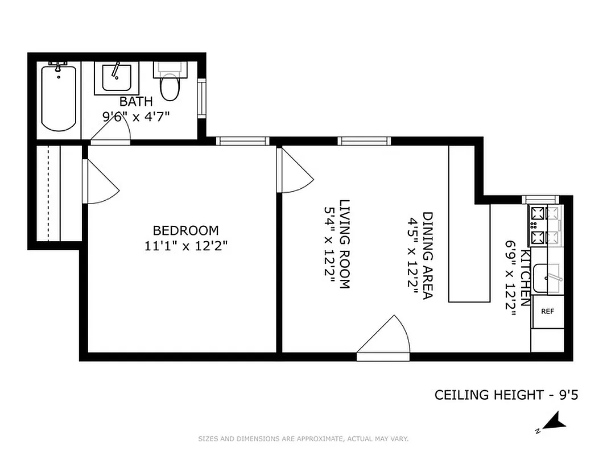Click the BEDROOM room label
(185, 230)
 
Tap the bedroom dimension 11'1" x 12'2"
(185, 246)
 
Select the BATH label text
(135, 102)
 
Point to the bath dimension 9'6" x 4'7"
(135, 117)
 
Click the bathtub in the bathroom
(59, 98)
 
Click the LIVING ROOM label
(344, 245)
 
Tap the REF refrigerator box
(547, 312)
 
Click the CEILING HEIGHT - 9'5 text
(506, 395)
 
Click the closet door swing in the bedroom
(100, 182)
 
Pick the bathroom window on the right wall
(201, 99)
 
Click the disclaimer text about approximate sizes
(303, 439)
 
